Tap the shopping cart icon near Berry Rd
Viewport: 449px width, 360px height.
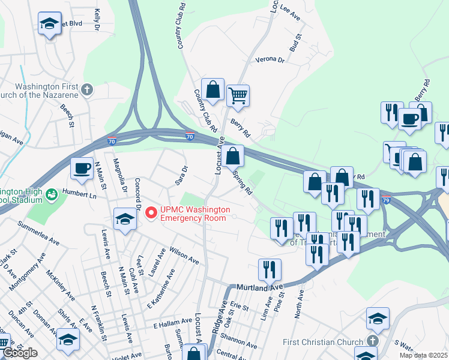pyautogui.click(x=238, y=95)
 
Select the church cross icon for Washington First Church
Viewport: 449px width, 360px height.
pyautogui.click(x=87, y=90)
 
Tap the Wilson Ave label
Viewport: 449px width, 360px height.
pyautogui.click(x=184, y=256)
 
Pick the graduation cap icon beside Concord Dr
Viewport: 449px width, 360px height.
pyautogui.click(x=125, y=218)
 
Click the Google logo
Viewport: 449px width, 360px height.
pyautogui.click(x=20, y=353)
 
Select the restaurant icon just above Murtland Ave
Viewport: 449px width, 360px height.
pyautogui.click(x=270, y=270)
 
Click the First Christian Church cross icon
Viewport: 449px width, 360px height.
pyautogui.click(x=372, y=341)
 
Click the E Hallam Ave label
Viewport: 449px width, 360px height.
pyautogui.click(x=172, y=324)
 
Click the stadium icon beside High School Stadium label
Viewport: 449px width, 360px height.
pyautogui.click(x=52, y=194)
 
